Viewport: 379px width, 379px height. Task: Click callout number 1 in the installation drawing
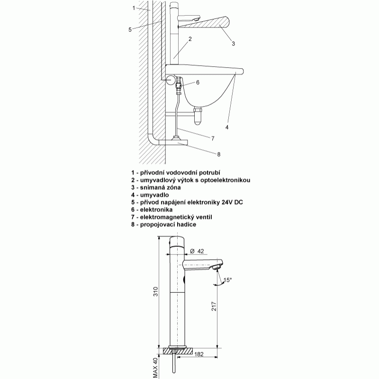[x=134, y=8]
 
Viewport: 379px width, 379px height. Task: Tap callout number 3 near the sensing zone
[x=233, y=44]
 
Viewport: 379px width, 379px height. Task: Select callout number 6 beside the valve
[x=198, y=82]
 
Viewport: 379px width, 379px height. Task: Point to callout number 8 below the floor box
[x=219, y=154]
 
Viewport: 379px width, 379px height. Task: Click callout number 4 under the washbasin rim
[x=227, y=127]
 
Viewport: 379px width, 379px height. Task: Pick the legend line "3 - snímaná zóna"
[x=156, y=188]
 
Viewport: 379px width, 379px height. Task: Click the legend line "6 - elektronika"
[x=152, y=209]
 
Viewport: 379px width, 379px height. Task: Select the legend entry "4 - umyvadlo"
[x=150, y=195]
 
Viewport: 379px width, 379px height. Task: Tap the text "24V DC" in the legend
[x=232, y=202]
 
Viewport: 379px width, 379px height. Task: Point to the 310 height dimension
[x=156, y=292]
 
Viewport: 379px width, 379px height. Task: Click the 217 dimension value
[x=214, y=306]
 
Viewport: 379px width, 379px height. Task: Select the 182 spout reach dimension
[x=199, y=354]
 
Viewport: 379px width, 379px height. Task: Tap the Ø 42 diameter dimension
[x=197, y=252]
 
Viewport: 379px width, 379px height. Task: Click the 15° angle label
[x=227, y=280]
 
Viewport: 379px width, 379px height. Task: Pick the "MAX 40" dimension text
[x=155, y=368]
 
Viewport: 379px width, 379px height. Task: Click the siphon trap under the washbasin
[x=198, y=117]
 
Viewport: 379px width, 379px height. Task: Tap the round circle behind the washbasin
[x=171, y=80]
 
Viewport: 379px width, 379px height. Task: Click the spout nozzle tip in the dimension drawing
[x=217, y=267]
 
